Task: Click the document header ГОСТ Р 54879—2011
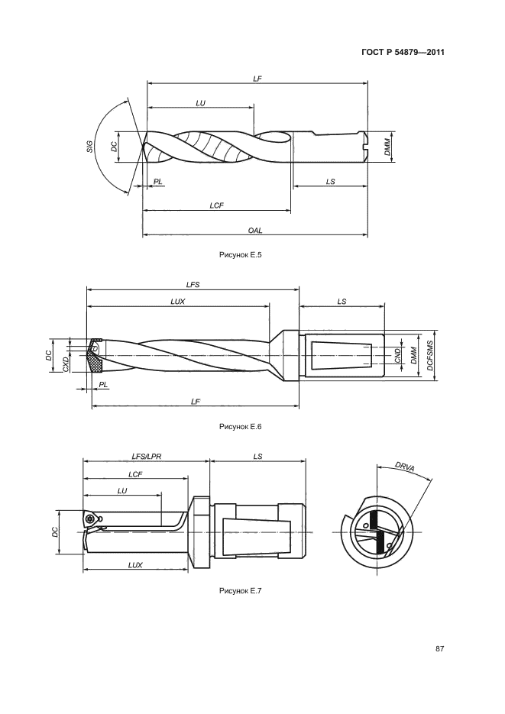pos(403,53)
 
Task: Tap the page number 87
pos(439,649)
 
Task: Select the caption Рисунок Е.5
pos(241,255)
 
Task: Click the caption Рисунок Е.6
pos(241,427)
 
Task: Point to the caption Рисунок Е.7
pos(241,591)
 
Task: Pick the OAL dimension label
pos(255,231)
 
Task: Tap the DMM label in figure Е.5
pos(387,147)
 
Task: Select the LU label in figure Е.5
pos(200,103)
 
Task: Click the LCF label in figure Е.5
pos(217,205)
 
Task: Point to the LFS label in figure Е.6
pos(193,285)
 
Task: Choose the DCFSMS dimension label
pos(430,355)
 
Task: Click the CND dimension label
pos(397,355)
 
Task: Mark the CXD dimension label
pos(65,364)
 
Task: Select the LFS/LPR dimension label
pos(146,456)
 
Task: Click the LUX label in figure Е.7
pos(135,565)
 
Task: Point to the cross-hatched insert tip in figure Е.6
pos(95,360)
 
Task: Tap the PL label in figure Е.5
pos(157,181)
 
